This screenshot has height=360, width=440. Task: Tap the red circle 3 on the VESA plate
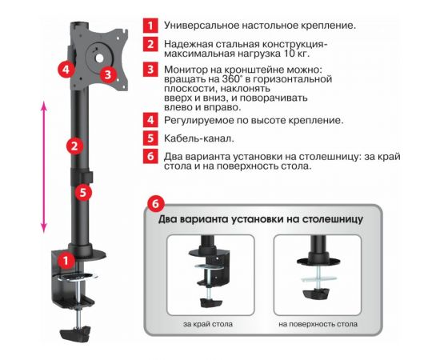[110, 75]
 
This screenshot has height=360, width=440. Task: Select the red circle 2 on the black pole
[74, 146]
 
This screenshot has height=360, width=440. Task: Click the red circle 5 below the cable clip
[84, 192]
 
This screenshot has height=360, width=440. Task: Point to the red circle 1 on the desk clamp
[67, 259]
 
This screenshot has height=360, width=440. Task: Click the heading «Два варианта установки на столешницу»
[262, 218]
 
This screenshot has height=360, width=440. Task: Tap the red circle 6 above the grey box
[158, 205]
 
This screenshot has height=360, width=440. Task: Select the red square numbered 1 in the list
[150, 25]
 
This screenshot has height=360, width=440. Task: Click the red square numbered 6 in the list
[150, 157]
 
